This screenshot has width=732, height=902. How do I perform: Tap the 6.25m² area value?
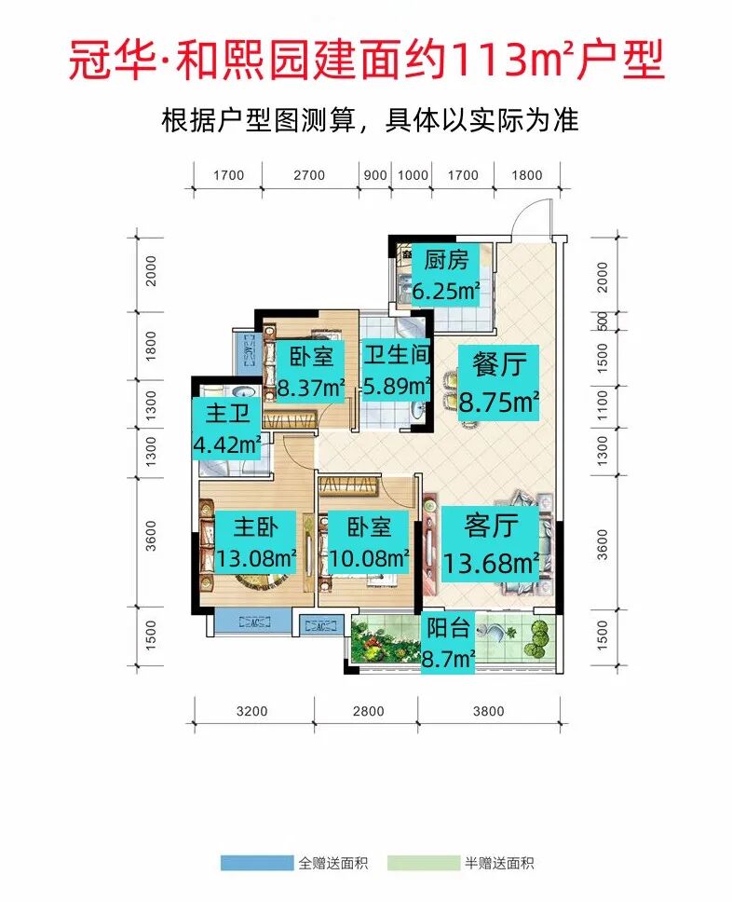point(446,291)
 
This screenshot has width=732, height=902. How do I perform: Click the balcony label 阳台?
point(448,627)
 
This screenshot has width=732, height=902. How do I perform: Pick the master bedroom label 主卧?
point(255,527)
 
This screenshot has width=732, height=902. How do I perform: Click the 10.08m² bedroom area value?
point(370,559)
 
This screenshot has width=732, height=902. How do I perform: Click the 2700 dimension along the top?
point(309,175)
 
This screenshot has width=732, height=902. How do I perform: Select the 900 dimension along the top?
point(376,175)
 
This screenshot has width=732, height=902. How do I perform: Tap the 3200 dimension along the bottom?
point(252,711)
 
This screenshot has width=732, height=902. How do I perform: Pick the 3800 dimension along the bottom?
point(488,711)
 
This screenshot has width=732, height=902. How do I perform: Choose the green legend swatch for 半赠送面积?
point(423,863)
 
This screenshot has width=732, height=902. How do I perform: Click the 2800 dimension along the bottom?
point(369,711)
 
